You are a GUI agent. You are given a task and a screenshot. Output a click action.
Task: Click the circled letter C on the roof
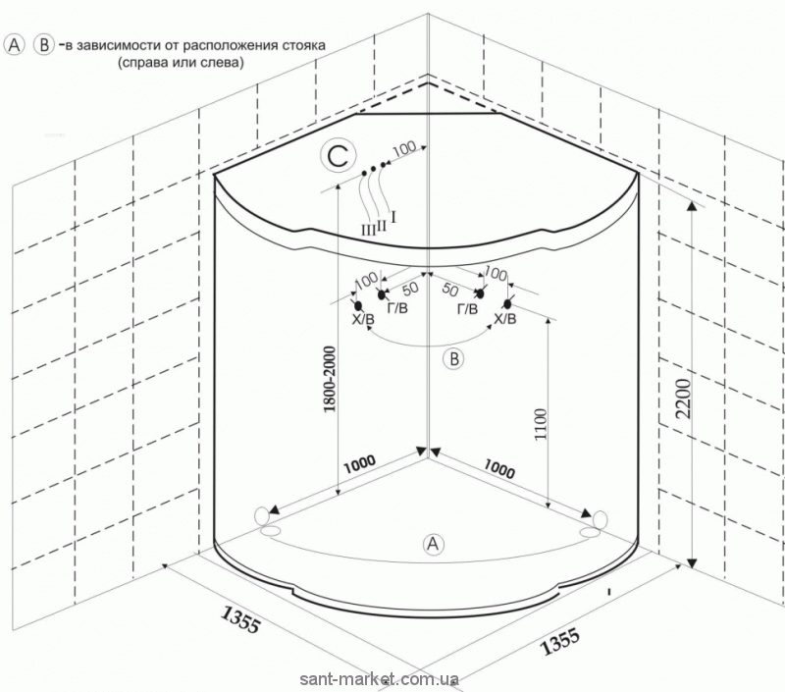pos(337,155)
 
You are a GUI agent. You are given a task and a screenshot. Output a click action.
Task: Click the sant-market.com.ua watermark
pos(392,679)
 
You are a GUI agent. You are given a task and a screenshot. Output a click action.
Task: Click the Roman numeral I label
pos(393,216)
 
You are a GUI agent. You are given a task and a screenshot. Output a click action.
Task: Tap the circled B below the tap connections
pos(453,359)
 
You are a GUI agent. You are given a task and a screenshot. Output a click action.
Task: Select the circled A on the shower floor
pos(430,542)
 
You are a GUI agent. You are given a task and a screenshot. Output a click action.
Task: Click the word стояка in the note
pos(299,45)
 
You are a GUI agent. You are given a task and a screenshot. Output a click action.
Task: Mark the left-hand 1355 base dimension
pos(238,621)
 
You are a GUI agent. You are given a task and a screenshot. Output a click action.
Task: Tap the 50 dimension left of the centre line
pos(411,288)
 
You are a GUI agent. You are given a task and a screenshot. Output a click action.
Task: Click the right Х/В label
pos(504,319)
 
